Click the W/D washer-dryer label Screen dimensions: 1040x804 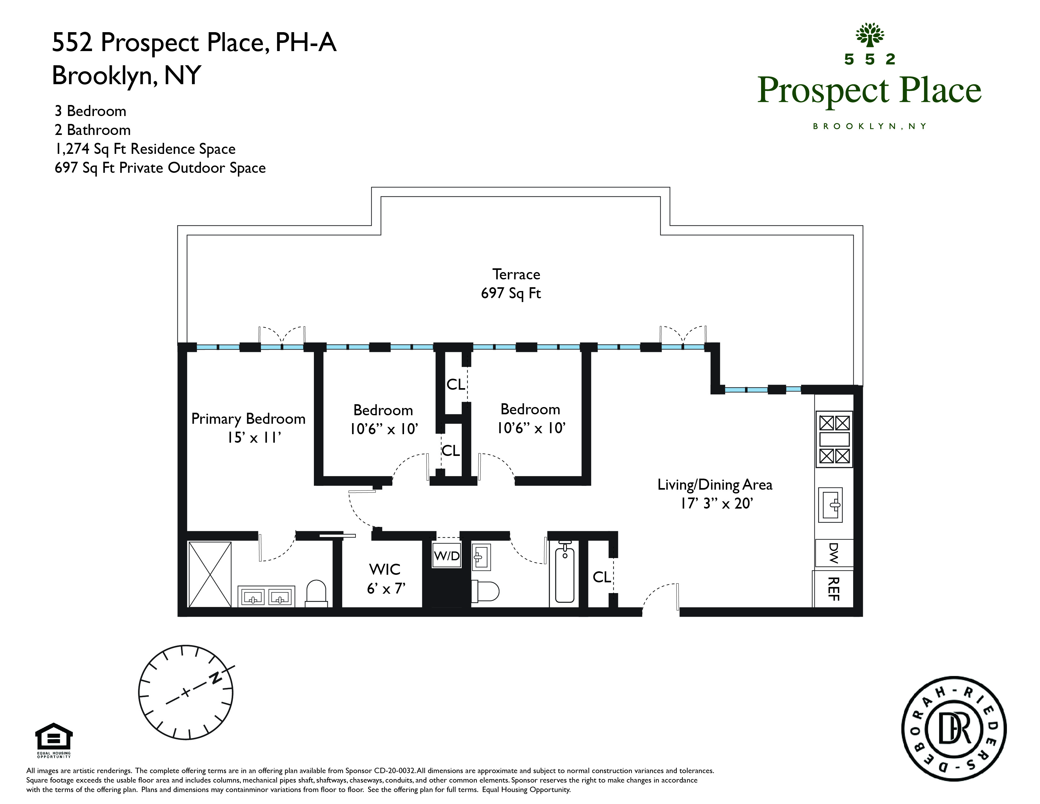(447, 555)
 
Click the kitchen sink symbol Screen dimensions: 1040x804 (830, 505)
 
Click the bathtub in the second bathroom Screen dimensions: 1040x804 (565, 574)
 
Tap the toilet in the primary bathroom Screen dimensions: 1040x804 (316, 593)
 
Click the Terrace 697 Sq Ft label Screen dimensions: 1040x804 (511, 283)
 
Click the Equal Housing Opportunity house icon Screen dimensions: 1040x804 (54, 738)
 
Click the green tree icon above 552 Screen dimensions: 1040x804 (870, 35)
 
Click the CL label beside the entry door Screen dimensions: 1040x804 (601, 577)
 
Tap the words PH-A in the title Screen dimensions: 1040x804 (306, 42)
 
